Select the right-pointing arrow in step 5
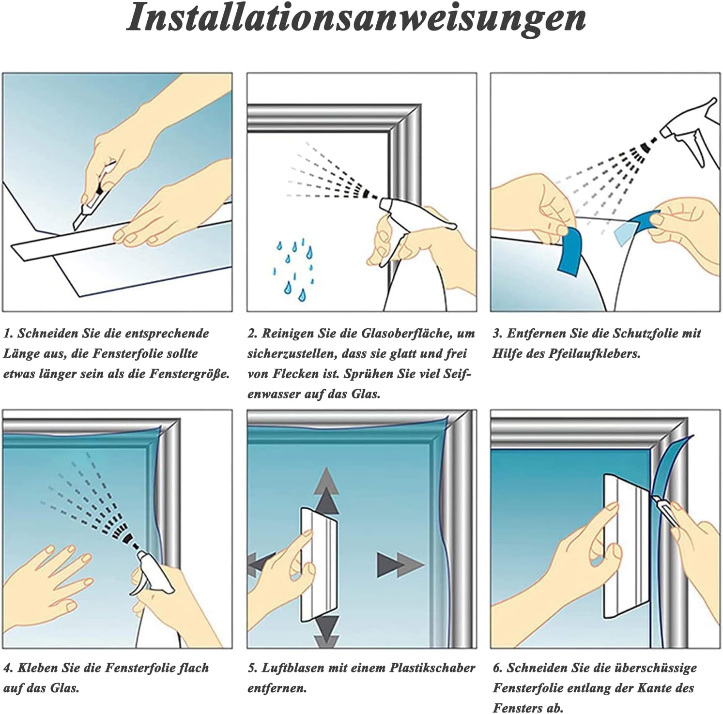click(x=400, y=564)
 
